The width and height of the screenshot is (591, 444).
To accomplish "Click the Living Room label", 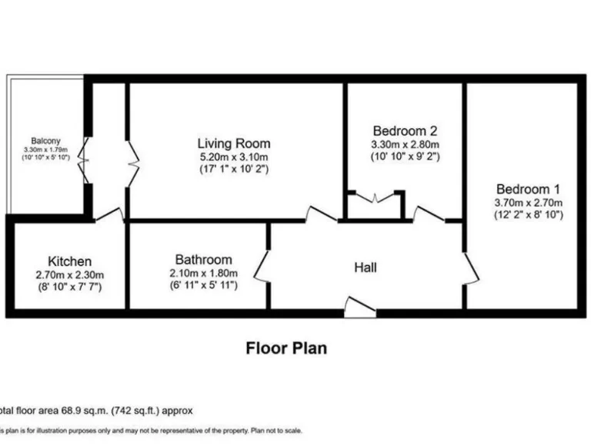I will click(234, 143).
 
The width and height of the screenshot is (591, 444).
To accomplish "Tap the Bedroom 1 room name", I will click(528, 189).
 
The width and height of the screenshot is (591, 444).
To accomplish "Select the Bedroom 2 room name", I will click(405, 130).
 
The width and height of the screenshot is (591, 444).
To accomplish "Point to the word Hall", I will click(365, 267).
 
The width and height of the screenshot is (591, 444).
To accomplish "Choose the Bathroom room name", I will click(203, 260).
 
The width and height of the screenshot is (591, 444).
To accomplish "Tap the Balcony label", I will click(46, 141).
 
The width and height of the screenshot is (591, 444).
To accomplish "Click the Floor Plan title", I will click(286, 348).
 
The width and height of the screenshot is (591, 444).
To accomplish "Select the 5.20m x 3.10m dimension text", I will click(234, 156).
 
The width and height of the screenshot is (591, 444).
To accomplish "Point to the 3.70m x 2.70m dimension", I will click(528, 203).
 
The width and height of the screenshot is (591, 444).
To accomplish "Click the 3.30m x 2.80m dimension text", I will click(405, 144).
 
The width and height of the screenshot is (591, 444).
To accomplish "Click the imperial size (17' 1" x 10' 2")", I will click(234, 169).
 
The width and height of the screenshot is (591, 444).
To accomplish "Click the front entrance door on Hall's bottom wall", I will click(359, 308).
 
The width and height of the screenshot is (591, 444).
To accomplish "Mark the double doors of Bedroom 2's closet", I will click(375, 198).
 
